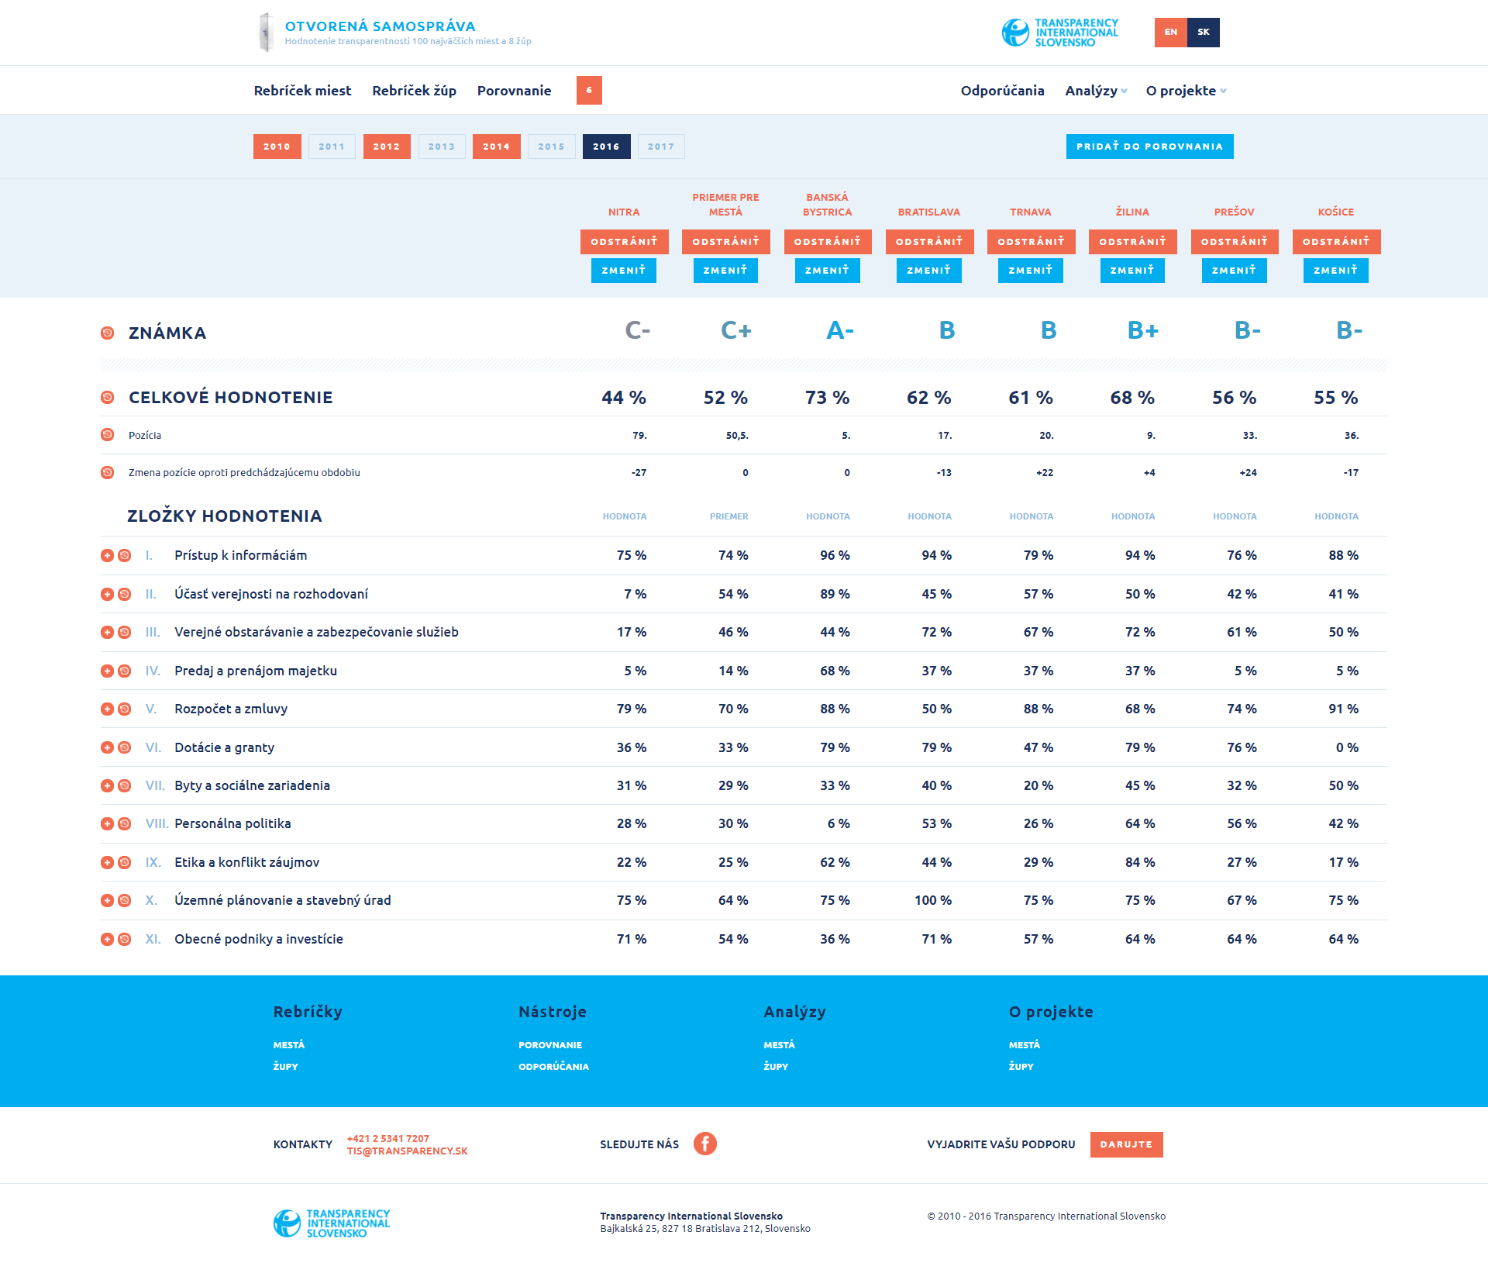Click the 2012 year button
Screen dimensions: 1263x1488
tap(387, 147)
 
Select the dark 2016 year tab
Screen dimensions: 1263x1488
tap(606, 147)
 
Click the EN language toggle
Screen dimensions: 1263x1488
tap(1170, 33)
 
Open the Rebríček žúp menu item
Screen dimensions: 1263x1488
tap(414, 91)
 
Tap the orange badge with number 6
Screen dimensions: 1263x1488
tap(589, 91)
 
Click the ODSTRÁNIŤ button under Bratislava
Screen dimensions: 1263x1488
tap(928, 242)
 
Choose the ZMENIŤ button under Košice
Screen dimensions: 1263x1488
tap(1335, 271)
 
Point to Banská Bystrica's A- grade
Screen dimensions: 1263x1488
tap(839, 331)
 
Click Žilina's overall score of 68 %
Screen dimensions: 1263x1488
tap(1131, 398)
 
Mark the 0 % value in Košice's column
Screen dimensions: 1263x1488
tap(1346, 747)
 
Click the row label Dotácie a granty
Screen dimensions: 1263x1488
tap(224, 747)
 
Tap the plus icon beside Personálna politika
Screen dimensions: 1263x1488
tap(107, 823)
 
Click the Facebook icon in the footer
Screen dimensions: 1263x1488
tap(704, 1144)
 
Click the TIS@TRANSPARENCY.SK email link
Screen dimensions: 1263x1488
tap(407, 1151)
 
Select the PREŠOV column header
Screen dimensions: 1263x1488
tap(1234, 212)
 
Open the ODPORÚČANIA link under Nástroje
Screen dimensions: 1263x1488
tap(553, 1067)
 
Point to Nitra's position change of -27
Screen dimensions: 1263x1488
tap(639, 473)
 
